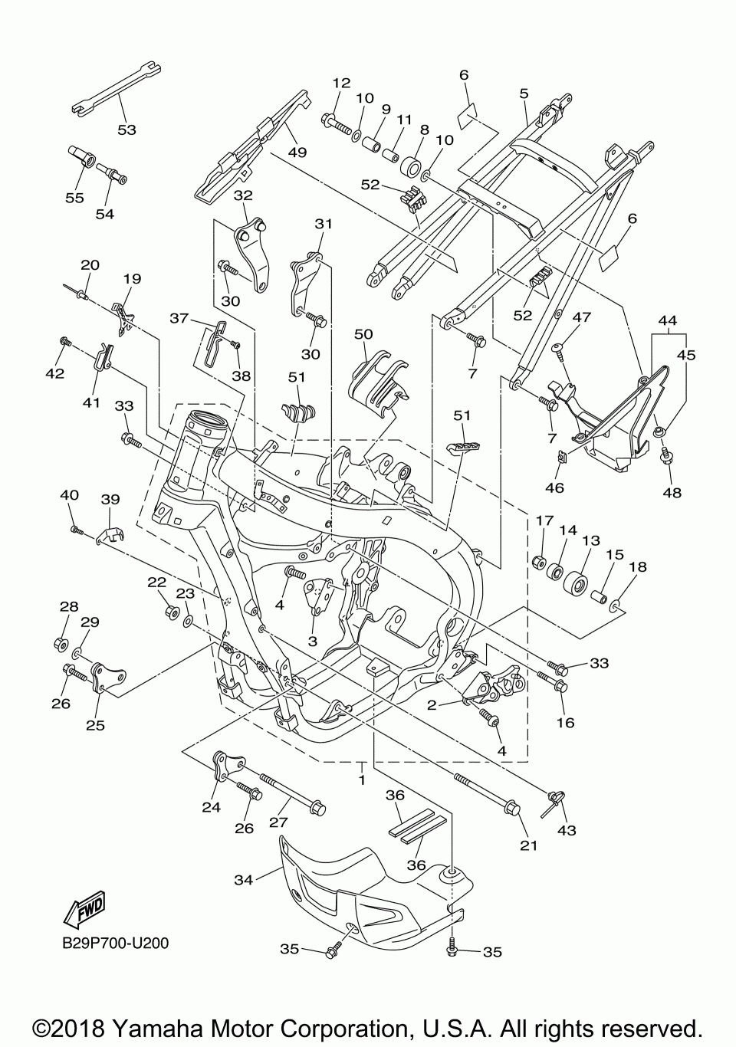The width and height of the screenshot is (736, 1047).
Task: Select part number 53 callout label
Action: [x=127, y=130]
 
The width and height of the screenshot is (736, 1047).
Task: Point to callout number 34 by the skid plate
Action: [x=243, y=880]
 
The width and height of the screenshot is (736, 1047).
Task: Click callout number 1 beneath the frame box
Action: [x=361, y=780]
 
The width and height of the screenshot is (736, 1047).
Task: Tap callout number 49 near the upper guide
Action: [x=297, y=152]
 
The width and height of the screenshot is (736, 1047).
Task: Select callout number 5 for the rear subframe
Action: [x=524, y=94]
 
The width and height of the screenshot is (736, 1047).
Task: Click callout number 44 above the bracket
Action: [x=668, y=320]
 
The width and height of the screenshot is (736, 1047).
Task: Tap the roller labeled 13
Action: [x=575, y=583]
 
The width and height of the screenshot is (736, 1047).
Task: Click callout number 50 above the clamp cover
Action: [x=363, y=334]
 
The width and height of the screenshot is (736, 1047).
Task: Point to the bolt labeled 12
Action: [x=337, y=123]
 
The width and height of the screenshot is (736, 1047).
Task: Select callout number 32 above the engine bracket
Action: [x=243, y=195]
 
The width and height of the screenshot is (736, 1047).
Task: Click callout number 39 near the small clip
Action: [x=110, y=499]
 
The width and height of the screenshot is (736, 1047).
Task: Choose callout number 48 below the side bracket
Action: [x=672, y=492]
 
